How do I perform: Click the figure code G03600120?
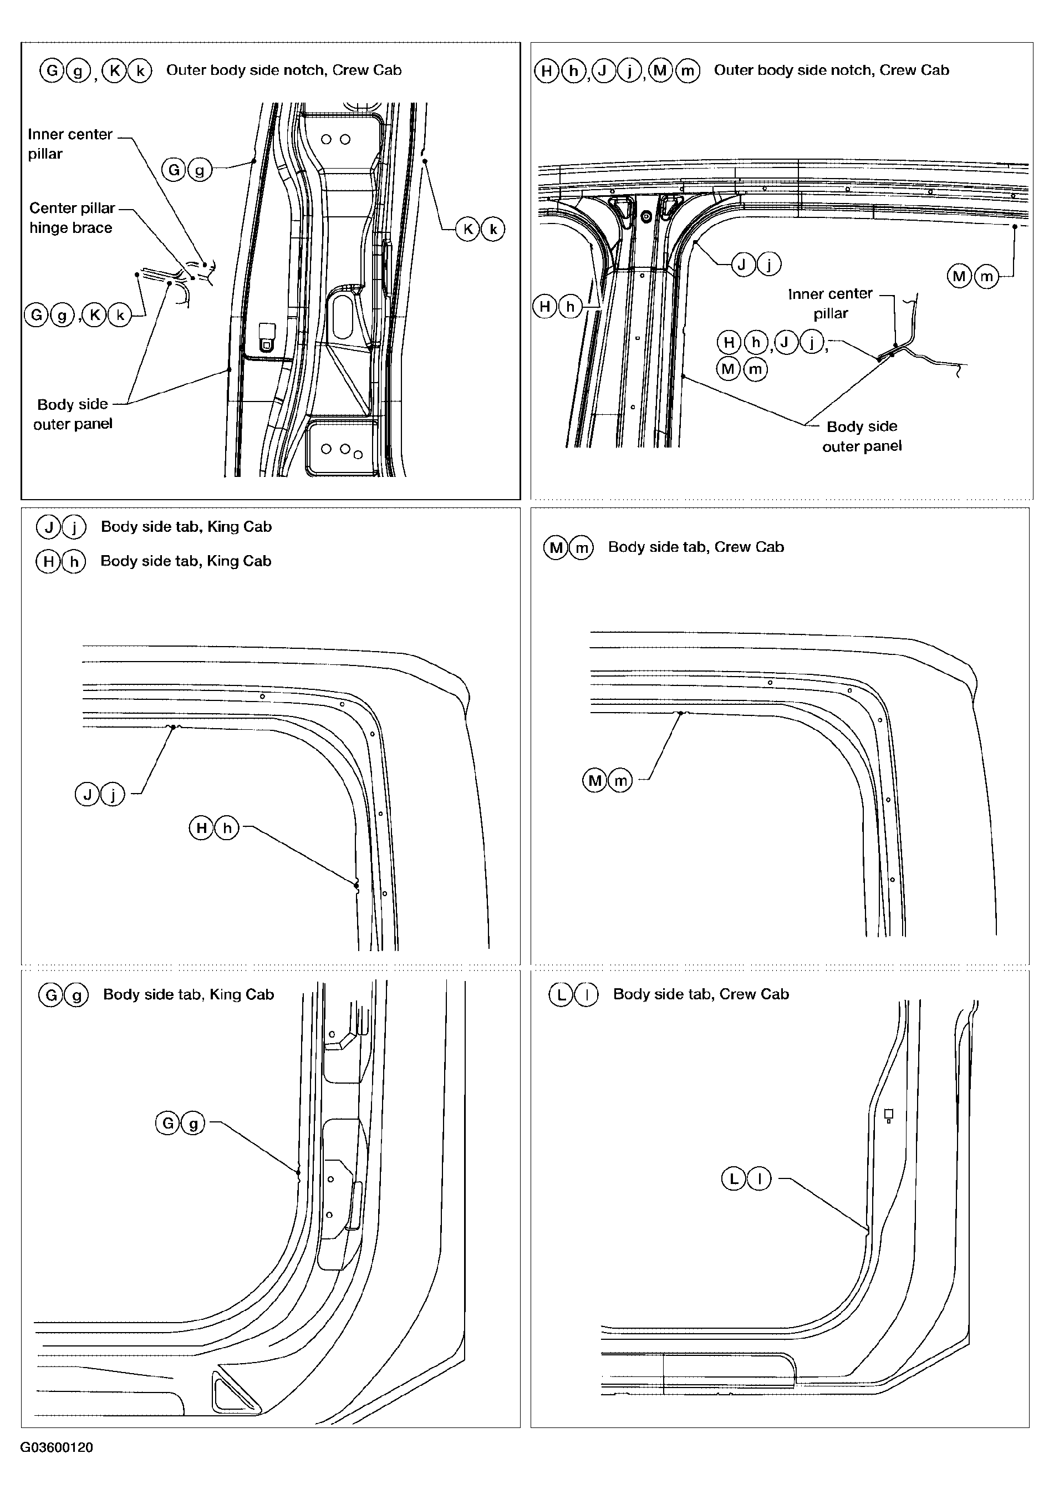(x=57, y=1447)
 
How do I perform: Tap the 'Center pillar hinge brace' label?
(x=72, y=218)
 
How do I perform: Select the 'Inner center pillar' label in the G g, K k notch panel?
(x=70, y=144)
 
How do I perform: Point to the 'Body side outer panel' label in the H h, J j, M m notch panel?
(x=862, y=436)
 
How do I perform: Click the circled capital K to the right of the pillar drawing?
(x=468, y=229)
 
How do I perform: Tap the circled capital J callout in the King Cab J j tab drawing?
(x=87, y=794)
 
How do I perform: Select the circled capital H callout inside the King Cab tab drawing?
(x=202, y=827)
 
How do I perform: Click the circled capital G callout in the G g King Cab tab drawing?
(x=168, y=1123)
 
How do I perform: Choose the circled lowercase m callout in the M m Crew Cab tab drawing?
(x=620, y=780)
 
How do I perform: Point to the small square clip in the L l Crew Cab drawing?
(x=889, y=1114)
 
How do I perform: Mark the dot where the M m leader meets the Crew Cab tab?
(x=680, y=713)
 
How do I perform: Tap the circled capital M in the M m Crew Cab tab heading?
(x=556, y=547)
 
